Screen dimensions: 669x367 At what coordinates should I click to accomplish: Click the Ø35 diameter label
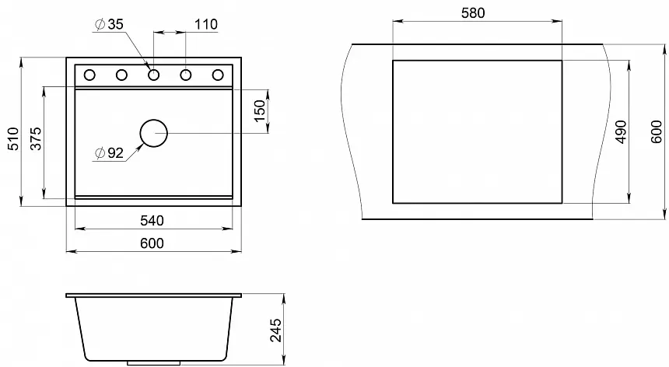(x=109, y=24)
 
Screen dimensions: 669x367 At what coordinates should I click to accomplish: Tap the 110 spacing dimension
(x=206, y=24)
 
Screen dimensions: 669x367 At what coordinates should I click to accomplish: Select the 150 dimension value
(x=259, y=111)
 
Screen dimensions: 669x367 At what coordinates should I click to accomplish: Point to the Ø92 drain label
(x=109, y=152)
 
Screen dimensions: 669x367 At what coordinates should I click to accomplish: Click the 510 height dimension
(x=14, y=138)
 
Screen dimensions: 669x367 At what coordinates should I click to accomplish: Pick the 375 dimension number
(x=37, y=138)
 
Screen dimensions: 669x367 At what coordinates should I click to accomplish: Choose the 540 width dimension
(x=152, y=220)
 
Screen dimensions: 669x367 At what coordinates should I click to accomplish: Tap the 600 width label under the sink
(x=152, y=243)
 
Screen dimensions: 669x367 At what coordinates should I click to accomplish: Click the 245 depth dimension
(x=276, y=330)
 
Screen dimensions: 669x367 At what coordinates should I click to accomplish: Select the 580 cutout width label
(x=473, y=13)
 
